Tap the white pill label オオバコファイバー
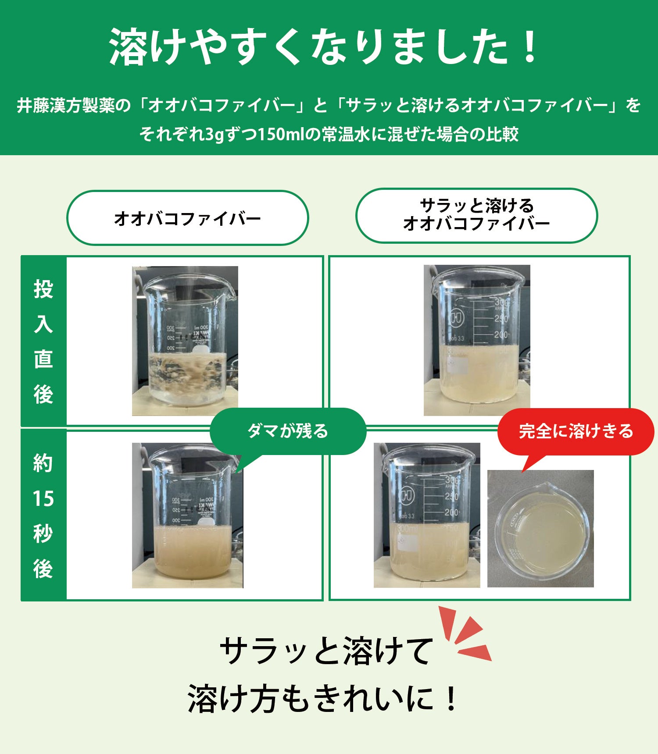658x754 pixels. pyautogui.click(x=188, y=218)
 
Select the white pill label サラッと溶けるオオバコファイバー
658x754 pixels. pyautogui.click(x=476, y=215)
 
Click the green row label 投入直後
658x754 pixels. pyautogui.click(x=43, y=341)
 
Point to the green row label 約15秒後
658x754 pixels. pyautogui.click(x=43, y=516)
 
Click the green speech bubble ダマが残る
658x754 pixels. pyautogui.click(x=288, y=431)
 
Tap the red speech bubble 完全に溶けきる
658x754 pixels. pyautogui.click(x=576, y=431)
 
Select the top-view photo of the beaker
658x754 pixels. pyautogui.click(x=540, y=529)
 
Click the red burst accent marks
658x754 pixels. pyautogui.click(x=465, y=634)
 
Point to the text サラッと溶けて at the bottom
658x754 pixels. pyautogui.click(x=327, y=651)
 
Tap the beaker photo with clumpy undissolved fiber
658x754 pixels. pyautogui.click(x=185, y=341)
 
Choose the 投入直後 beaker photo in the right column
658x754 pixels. pyautogui.click(x=477, y=340)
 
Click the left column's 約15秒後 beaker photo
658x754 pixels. pyautogui.click(x=188, y=516)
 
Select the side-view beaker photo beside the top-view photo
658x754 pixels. pyautogui.click(x=427, y=516)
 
